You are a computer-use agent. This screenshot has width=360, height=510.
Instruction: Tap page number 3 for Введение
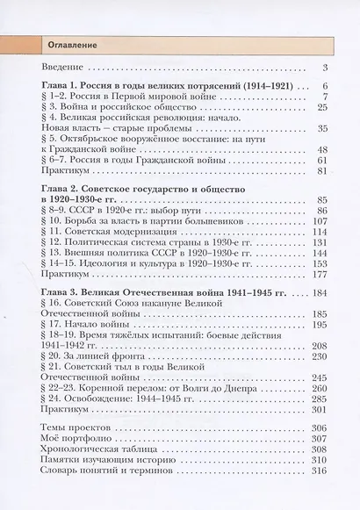[x=324, y=68]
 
